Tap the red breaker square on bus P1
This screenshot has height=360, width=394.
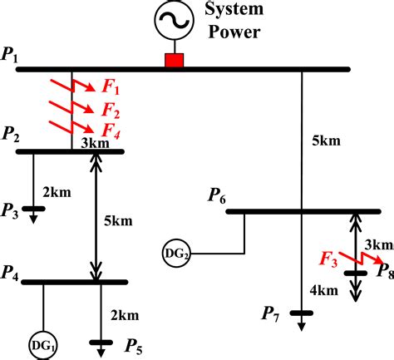coord(174,60)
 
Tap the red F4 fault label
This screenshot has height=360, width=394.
coord(111,130)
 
